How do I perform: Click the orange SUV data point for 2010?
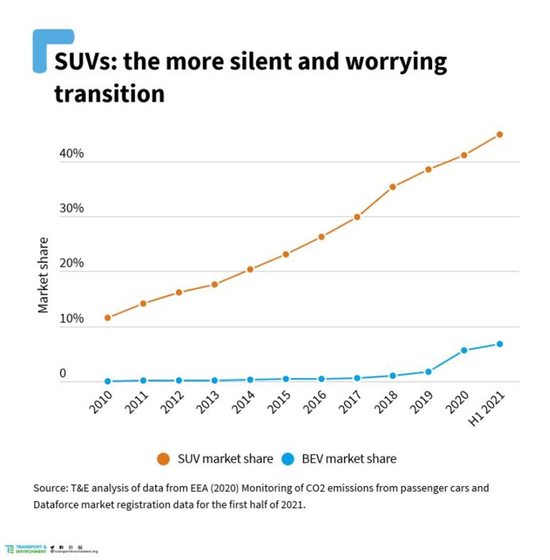(x=107, y=318)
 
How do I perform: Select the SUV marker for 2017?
(x=357, y=217)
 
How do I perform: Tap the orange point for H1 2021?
(x=500, y=135)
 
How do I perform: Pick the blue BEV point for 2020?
(x=464, y=350)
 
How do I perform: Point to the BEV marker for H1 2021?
(x=500, y=344)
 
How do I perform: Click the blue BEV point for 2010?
(x=107, y=381)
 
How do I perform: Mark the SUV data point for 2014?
(x=250, y=269)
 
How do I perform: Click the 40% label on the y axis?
(x=72, y=153)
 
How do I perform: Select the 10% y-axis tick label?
(x=72, y=318)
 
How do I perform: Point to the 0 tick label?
(x=63, y=374)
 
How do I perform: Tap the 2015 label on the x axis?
(x=279, y=402)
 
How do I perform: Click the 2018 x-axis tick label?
(x=386, y=402)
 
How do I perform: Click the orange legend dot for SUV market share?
(x=163, y=459)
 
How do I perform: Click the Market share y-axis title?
(x=43, y=275)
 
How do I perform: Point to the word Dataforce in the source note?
(x=56, y=505)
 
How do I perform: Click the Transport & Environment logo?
(x=25, y=549)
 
